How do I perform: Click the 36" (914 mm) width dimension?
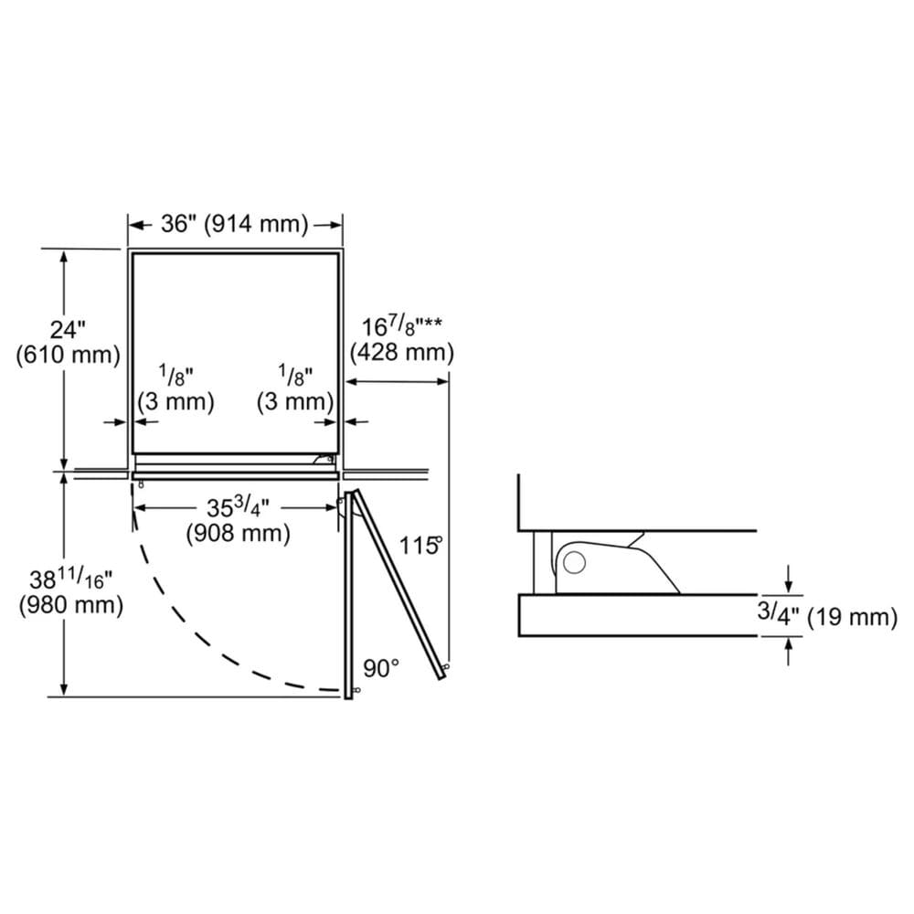(x=234, y=224)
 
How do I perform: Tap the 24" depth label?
(x=68, y=330)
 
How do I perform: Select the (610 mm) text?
(x=69, y=355)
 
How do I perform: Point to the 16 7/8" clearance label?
(x=401, y=326)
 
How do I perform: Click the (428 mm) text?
(x=401, y=352)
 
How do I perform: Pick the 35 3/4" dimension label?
(x=238, y=507)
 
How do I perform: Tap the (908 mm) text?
(x=238, y=533)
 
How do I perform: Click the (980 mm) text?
(x=70, y=605)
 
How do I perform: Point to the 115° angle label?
(x=420, y=546)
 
